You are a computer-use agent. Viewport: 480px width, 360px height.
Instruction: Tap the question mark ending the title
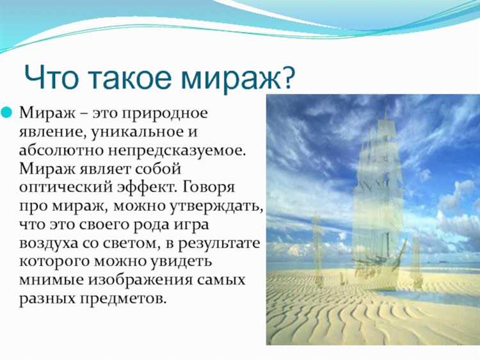tap(287, 76)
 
